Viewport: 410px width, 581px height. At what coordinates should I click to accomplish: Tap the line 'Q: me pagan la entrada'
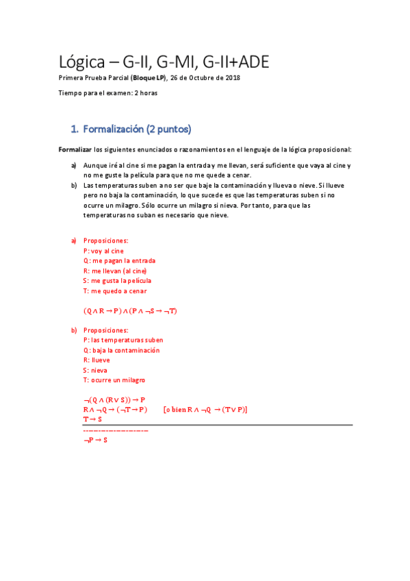(x=119, y=260)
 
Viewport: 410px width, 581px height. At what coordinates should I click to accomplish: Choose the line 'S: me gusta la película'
(x=117, y=280)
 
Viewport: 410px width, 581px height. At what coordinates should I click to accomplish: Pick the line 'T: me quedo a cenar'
(x=114, y=290)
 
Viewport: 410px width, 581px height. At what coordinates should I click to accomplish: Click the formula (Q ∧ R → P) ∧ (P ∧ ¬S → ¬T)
(x=131, y=310)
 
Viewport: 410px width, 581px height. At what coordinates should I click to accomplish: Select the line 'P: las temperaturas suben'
(x=123, y=340)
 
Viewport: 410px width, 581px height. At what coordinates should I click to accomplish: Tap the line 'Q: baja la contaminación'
(x=121, y=350)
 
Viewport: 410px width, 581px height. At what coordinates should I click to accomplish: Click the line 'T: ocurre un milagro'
(x=114, y=380)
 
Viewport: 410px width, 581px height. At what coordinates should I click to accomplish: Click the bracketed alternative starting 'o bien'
(x=205, y=409)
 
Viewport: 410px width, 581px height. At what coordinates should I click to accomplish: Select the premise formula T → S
(x=92, y=419)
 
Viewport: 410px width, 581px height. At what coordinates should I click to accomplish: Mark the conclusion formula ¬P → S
(x=94, y=439)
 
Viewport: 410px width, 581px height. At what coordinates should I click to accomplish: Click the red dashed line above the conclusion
(x=115, y=430)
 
